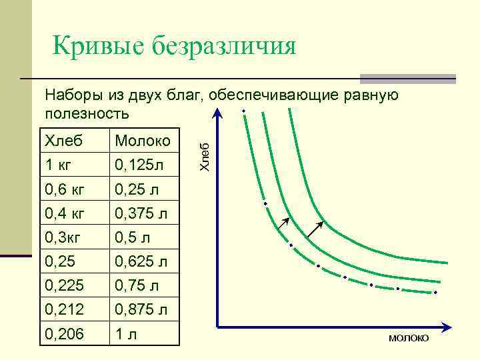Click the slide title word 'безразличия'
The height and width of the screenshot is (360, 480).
coord(225,46)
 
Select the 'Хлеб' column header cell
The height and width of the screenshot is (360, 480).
coord(75,141)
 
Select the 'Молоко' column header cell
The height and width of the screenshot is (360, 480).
coord(144,141)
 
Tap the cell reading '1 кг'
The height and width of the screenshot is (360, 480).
coord(75,163)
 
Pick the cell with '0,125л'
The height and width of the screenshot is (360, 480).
coord(144,163)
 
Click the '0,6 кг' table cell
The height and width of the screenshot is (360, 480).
coord(75,189)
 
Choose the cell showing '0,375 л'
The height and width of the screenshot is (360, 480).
coord(144,213)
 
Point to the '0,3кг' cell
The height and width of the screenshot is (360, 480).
coord(75,237)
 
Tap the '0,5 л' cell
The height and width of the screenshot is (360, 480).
coord(144,237)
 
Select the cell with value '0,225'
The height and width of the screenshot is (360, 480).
coord(75,285)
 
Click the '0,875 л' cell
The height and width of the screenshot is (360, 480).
coord(144,309)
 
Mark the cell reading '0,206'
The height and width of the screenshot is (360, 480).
coord(75,333)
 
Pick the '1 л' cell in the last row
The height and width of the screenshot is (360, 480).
coord(144,333)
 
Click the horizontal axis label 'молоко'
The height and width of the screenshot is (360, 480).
coord(409,339)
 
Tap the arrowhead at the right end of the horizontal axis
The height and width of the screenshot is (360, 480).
coord(454,327)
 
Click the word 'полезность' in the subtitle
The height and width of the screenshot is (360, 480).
coord(87,113)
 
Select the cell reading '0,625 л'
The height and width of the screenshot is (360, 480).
coord(144,261)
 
